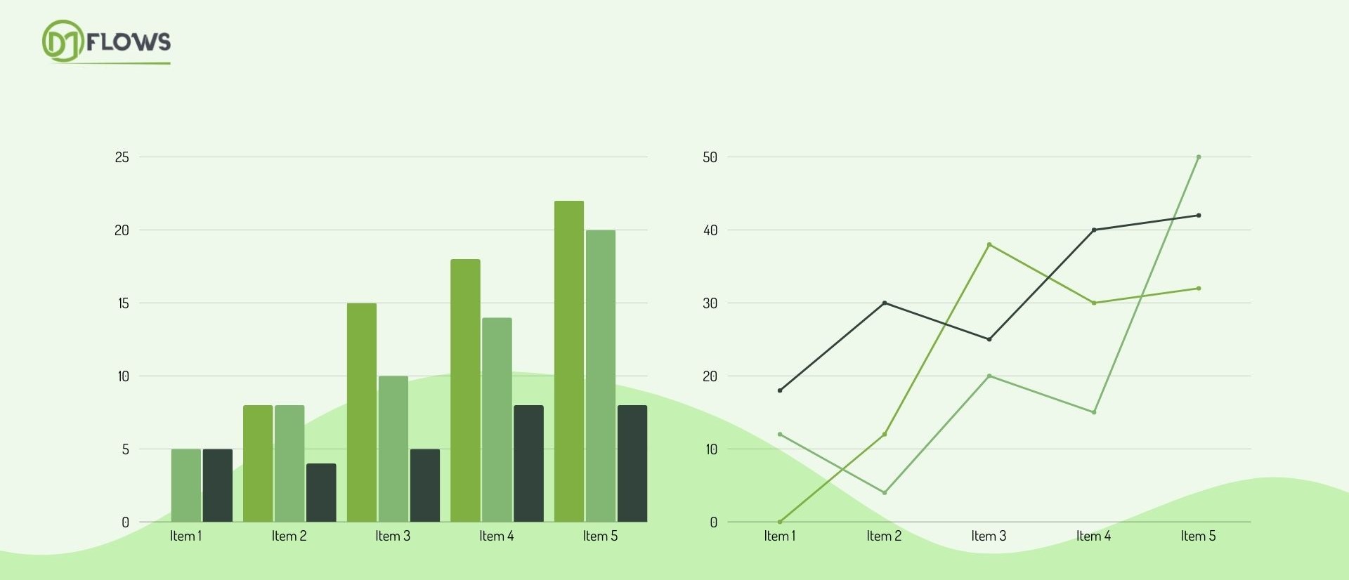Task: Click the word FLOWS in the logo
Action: click(x=129, y=42)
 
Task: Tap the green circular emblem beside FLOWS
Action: click(x=63, y=41)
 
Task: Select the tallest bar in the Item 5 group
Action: click(x=569, y=361)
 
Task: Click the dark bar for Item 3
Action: click(x=425, y=485)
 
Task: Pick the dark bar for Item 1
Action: click(x=218, y=485)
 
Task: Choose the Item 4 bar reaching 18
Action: click(x=465, y=390)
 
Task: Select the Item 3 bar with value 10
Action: click(x=393, y=449)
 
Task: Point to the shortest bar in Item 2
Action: click(x=321, y=492)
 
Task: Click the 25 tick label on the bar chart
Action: click(x=122, y=157)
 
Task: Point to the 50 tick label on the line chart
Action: click(x=710, y=157)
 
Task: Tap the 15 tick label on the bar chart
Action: click(x=124, y=303)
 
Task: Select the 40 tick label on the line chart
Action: click(x=710, y=230)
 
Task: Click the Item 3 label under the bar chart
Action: click(x=393, y=536)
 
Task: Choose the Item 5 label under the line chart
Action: click(x=1198, y=536)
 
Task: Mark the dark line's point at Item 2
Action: click(x=885, y=303)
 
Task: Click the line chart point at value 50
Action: click(x=1199, y=157)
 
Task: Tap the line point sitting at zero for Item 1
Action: click(x=780, y=522)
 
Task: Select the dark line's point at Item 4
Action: click(x=1094, y=230)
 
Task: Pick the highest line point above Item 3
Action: click(x=989, y=244)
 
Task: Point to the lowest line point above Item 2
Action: click(x=885, y=493)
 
